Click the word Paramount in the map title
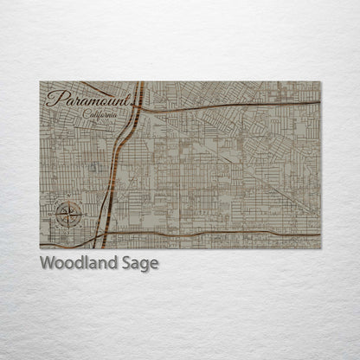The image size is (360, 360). pyautogui.click(x=89, y=100)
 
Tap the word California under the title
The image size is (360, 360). pyautogui.click(x=100, y=115)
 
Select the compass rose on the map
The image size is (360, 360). pyautogui.click(x=68, y=212)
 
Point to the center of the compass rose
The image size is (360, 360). pyautogui.click(x=68, y=212)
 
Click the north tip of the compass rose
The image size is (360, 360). pyautogui.click(x=68, y=199)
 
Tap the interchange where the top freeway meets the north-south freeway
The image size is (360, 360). pyautogui.click(x=138, y=110)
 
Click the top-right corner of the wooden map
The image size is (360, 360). pyautogui.click(x=319, y=82)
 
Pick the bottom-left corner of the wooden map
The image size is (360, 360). pyautogui.click(x=41, y=247)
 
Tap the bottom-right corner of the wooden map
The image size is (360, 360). pyautogui.click(x=319, y=247)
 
